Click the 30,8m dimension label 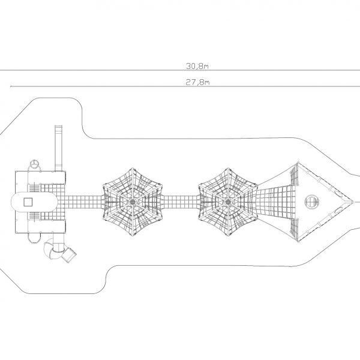(197, 66)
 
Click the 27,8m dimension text (197, 82)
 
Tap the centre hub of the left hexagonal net (133, 202)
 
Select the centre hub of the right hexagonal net (228, 202)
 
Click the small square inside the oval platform (28, 202)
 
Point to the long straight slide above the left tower (59, 148)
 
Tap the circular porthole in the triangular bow (312, 202)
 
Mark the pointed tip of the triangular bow (353, 202)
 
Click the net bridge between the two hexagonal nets (180, 202)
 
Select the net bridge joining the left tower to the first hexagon (84, 202)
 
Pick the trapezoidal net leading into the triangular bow (275, 202)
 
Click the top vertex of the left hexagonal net (133, 168)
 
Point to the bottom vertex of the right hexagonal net (228, 236)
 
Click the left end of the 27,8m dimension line (11, 86)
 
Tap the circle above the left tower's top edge (34, 163)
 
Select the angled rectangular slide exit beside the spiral (69, 255)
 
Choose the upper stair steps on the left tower (34, 188)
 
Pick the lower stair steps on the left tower (34, 216)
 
